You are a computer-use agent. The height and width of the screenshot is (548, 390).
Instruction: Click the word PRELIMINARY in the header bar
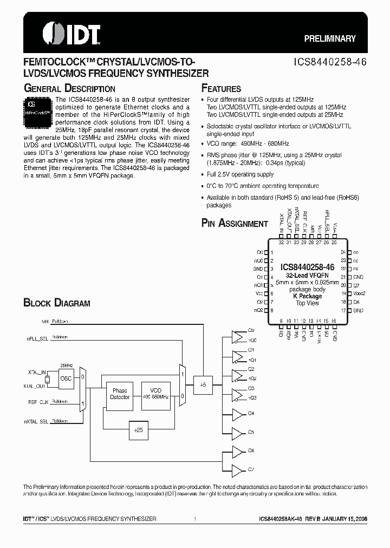point(329,39)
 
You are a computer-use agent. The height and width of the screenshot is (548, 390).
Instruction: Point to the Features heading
point(221,89)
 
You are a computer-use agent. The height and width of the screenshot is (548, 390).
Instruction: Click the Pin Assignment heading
point(235,223)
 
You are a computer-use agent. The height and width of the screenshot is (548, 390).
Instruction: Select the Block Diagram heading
point(56,303)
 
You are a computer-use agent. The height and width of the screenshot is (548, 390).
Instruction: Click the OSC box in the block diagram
point(66,378)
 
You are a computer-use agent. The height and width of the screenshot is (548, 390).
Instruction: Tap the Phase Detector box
point(120,393)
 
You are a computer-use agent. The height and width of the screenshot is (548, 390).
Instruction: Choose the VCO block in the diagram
point(155,393)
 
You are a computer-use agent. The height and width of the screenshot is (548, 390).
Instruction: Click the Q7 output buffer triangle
point(238,469)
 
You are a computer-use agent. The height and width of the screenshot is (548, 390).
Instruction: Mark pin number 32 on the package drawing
point(281,242)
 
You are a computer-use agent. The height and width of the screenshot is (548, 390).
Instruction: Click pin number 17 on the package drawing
point(343,310)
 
